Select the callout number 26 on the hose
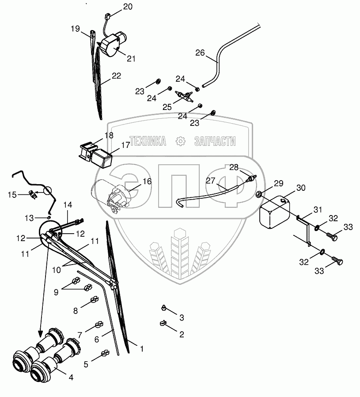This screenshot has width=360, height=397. pyautogui.click(x=200, y=53)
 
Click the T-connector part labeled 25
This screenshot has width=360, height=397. pyautogui.click(x=185, y=95)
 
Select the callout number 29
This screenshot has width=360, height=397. pyautogui.click(x=278, y=184)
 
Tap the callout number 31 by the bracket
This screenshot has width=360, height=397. pyautogui.click(x=318, y=209)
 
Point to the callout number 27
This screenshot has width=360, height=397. pyautogui.click(x=211, y=181)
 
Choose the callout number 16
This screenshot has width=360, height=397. pyautogui.click(x=147, y=181)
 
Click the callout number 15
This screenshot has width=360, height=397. pyautogui.click(x=12, y=194)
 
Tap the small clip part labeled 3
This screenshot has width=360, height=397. pyautogui.click(x=164, y=306)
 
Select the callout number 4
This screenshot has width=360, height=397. pyautogui.click(x=71, y=377)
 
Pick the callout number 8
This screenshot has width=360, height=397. pyautogui.click(x=76, y=310)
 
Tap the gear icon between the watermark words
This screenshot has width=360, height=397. pyautogui.click(x=180, y=141)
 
